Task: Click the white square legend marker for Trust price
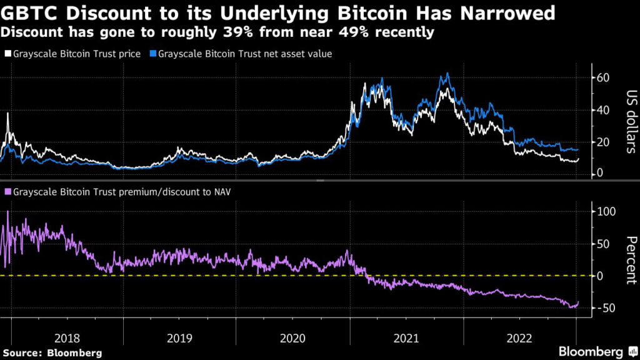click(x=7, y=54)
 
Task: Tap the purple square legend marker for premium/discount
click(x=7, y=192)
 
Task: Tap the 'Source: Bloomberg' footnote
click(x=52, y=352)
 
